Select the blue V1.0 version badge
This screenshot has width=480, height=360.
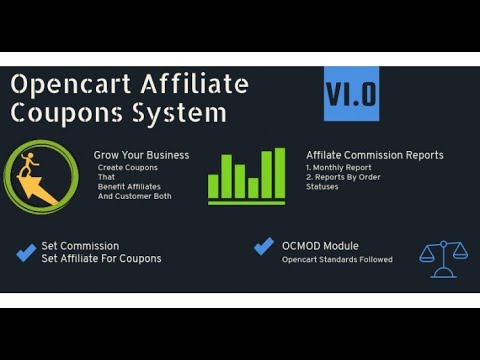pos(351,94)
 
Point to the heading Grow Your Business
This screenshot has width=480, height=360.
pos(141,155)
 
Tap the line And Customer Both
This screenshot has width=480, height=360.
pos(134,196)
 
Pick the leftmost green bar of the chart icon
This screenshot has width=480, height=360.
pos(214,186)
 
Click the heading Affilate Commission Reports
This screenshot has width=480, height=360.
pos(375,155)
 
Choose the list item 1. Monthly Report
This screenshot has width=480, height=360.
pos(340,167)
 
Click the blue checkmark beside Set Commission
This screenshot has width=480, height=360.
pos(26,252)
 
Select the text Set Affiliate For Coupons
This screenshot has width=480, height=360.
pos(101,258)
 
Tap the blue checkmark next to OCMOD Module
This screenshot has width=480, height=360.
pos(264,246)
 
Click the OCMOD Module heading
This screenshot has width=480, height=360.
pos(320,246)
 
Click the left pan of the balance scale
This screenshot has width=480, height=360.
pos(428,255)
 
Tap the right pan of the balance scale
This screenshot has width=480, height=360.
pos(460,253)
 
